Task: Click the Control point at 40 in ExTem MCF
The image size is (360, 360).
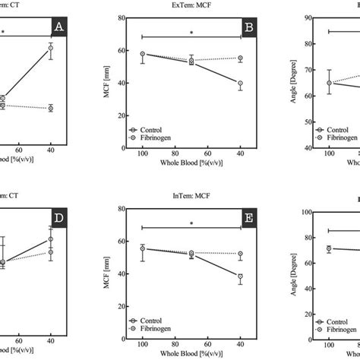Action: tap(240, 84)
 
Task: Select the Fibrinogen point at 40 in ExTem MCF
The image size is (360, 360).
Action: tap(240, 58)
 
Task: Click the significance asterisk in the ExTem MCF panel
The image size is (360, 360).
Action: tap(191, 33)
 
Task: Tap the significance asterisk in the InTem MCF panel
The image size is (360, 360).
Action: tap(191, 223)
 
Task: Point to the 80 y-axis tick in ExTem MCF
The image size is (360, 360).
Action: tap(122, 20)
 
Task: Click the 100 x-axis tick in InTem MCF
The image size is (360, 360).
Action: tap(142, 347)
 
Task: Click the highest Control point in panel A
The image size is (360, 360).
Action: tap(50, 49)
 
